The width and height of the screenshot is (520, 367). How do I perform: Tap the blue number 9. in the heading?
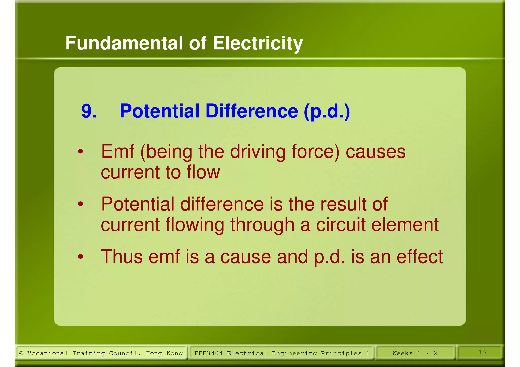[x=89, y=111]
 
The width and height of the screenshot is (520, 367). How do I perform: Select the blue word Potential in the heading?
[x=159, y=111]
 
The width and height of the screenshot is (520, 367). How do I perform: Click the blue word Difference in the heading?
[x=252, y=111]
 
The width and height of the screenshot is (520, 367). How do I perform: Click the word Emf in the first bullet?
[x=117, y=151]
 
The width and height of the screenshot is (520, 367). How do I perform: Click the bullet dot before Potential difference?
[x=80, y=204]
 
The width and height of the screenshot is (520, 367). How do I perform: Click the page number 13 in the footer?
[x=482, y=352]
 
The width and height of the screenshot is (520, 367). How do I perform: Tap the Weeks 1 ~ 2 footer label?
[x=415, y=353]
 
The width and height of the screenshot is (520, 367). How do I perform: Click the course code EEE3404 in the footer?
[x=208, y=353]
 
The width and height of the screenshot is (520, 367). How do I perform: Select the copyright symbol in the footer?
[x=22, y=353]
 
